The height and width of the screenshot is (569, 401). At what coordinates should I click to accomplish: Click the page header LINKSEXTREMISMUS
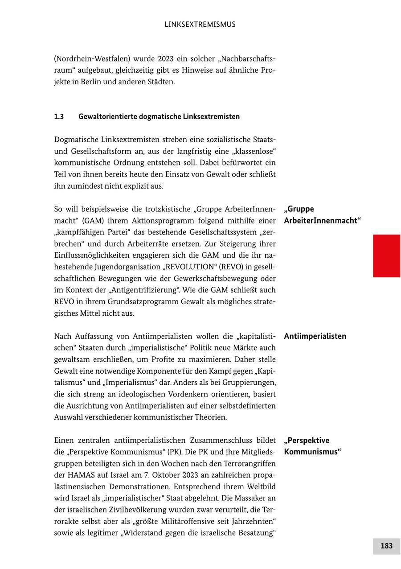tap(200, 25)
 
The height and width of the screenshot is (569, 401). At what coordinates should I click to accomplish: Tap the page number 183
tap(386, 546)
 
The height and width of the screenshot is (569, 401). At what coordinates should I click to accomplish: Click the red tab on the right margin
tap(386, 256)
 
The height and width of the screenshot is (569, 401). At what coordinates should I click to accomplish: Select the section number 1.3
tap(59, 116)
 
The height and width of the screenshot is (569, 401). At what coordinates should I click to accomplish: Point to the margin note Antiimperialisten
tap(315, 336)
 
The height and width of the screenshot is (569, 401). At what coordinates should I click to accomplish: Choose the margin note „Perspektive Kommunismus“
tap(312, 446)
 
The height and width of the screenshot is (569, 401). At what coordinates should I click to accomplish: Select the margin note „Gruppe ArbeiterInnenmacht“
tap(322, 214)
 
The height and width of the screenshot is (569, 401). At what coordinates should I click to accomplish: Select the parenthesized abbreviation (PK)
tap(174, 452)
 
